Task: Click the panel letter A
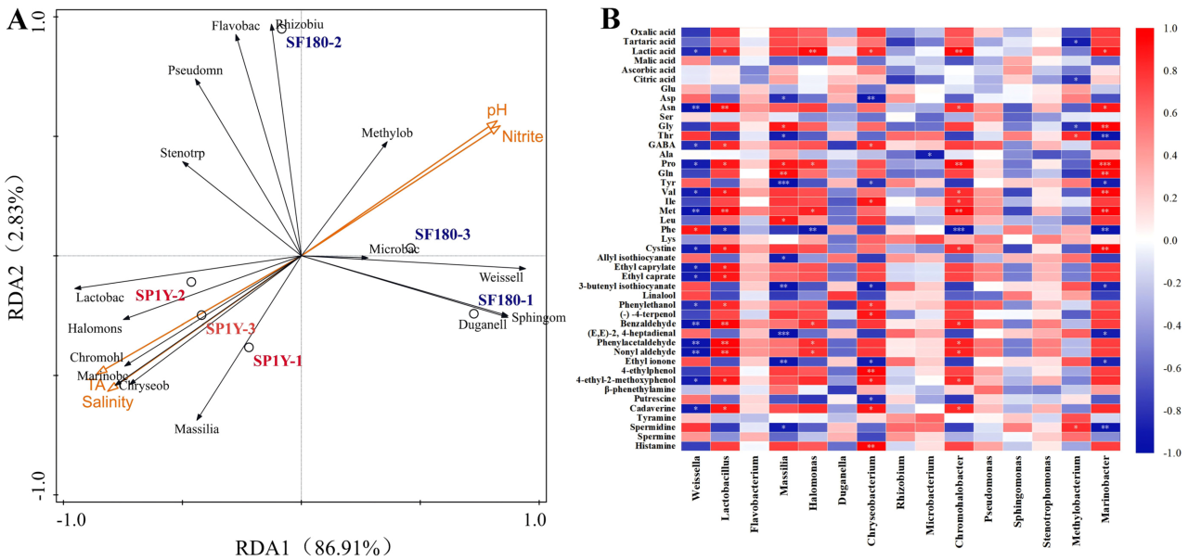coord(16,19)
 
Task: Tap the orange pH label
coord(497,110)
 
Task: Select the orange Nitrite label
coord(523,137)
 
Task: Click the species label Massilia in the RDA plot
coord(197,429)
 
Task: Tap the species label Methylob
coord(387,134)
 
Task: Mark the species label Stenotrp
coord(183,153)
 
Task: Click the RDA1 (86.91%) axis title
coord(305,547)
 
